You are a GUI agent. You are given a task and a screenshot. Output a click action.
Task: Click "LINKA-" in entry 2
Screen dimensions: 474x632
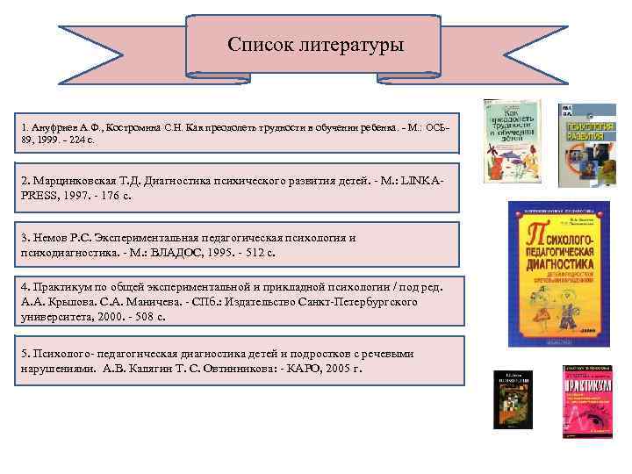(424, 180)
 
